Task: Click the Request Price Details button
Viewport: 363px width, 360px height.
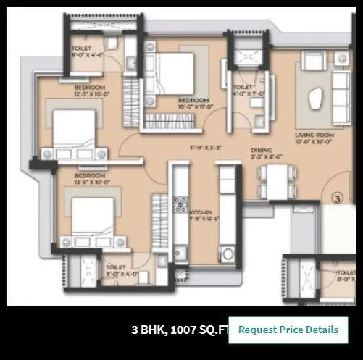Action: tap(288, 330)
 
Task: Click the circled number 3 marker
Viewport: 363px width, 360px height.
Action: tap(336, 196)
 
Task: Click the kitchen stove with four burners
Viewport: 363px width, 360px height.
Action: tap(181, 205)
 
